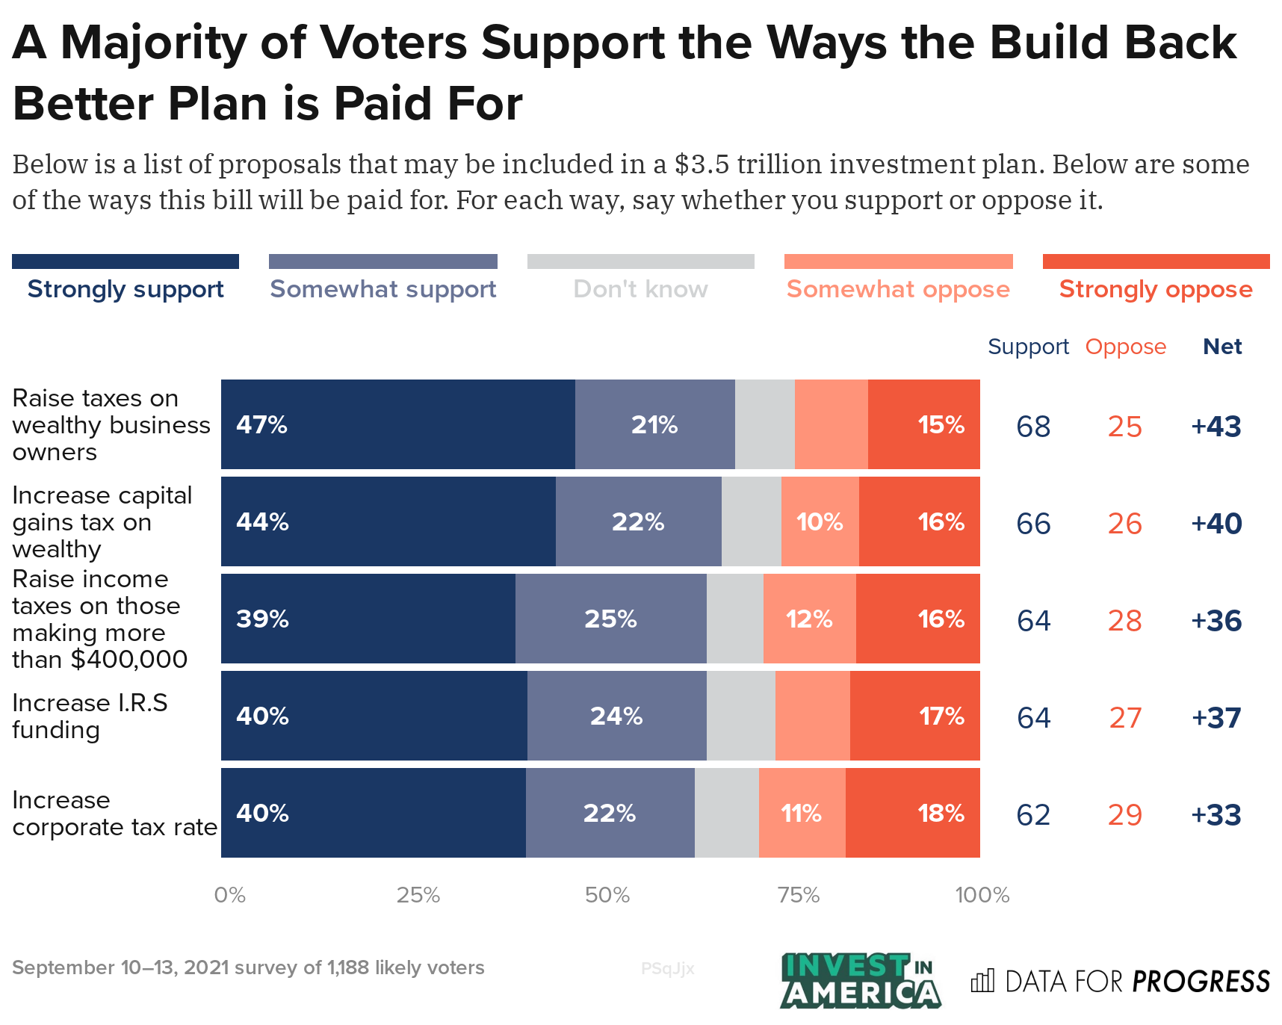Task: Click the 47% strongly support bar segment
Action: [x=397, y=424]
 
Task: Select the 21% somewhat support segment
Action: [x=654, y=424]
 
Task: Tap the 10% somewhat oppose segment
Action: [x=820, y=521]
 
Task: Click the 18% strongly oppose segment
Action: [x=912, y=813]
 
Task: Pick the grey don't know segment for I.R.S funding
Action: [x=740, y=716]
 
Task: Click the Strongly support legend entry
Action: [x=126, y=288]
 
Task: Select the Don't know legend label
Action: [x=640, y=288]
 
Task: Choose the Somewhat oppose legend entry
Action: [x=898, y=288]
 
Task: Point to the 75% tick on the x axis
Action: [x=799, y=895]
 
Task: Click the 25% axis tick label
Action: [x=418, y=895]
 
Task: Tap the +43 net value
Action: [x=1216, y=426]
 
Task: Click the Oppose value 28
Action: [x=1124, y=620]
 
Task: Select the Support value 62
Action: [x=1033, y=814]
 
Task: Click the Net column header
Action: [x=1221, y=347]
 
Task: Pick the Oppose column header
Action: [x=1125, y=347]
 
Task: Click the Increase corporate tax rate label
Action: [x=114, y=814]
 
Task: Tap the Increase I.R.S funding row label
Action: [x=90, y=716]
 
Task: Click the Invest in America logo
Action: [x=859, y=980]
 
